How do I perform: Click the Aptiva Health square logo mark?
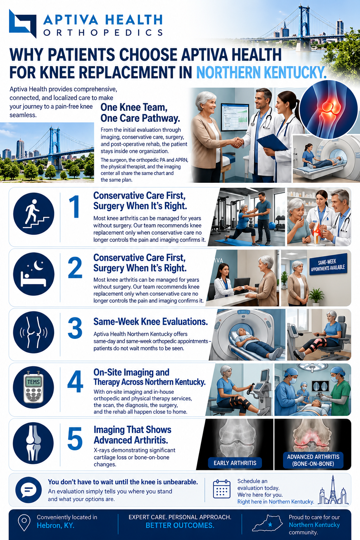pos(22,24)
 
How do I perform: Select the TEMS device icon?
pos(33,387)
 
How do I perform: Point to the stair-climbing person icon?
pos(34,214)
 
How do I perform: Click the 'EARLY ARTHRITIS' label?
pos(235,463)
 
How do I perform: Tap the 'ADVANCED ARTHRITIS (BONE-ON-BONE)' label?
pos(313,460)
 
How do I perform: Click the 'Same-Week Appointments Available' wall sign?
pos(328,264)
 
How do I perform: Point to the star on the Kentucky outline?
pos(270,524)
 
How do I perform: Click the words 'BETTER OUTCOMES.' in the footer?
pos(180,525)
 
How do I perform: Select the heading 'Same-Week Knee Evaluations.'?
pos(150,322)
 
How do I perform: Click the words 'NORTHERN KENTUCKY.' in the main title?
pos(261,72)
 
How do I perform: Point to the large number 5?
pos(75,438)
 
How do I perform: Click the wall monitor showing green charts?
pos(235,117)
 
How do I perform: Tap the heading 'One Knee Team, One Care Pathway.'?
pos(140,112)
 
